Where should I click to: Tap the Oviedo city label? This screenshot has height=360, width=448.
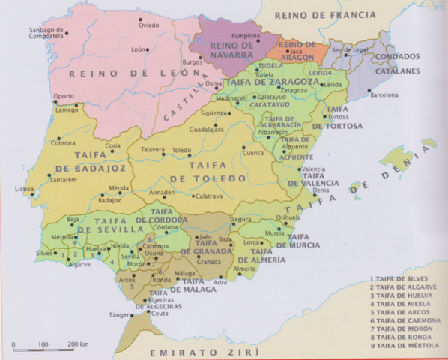[150, 25]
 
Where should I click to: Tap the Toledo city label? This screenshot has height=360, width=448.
[182, 150]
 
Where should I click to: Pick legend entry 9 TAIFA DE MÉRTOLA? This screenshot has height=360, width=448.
[407, 345]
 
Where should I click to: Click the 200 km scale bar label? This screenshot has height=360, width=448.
[78, 343]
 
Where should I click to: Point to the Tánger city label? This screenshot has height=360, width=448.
[120, 314]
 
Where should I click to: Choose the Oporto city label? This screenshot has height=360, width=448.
[64, 96]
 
